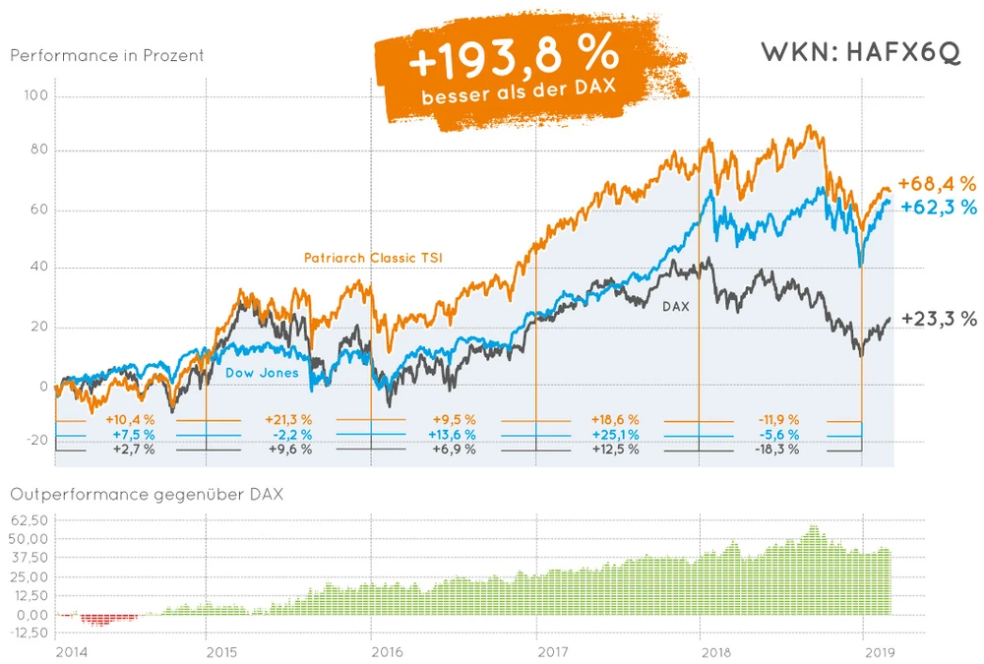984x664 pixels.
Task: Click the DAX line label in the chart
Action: point(675,306)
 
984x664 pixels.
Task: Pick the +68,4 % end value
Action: point(937,184)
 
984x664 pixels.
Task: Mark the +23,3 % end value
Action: point(939,319)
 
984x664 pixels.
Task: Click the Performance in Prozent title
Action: point(107,55)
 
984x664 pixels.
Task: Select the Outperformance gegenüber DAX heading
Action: point(147,494)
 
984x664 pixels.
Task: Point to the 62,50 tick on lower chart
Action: point(32,519)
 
